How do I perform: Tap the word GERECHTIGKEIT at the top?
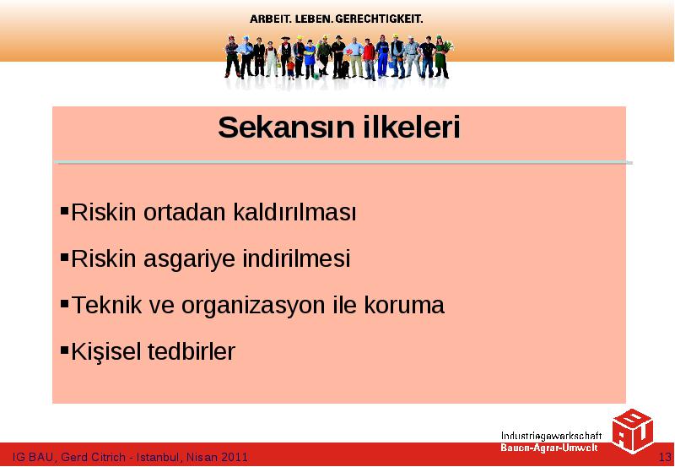coord(379,19)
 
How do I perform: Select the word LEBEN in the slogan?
coord(314,19)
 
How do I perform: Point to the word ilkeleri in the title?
coord(413,128)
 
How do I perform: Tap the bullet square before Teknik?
coord(65,303)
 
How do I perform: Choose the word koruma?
coord(404,305)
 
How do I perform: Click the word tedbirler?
coord(192,351)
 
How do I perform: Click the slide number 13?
coord(665,457)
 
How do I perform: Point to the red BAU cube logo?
coord(632,431)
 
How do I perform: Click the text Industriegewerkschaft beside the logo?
coord(551,436)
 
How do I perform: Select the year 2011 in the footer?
coord(235,457)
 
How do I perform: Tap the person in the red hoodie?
coord(369,59)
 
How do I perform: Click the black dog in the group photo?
coord(344,70)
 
